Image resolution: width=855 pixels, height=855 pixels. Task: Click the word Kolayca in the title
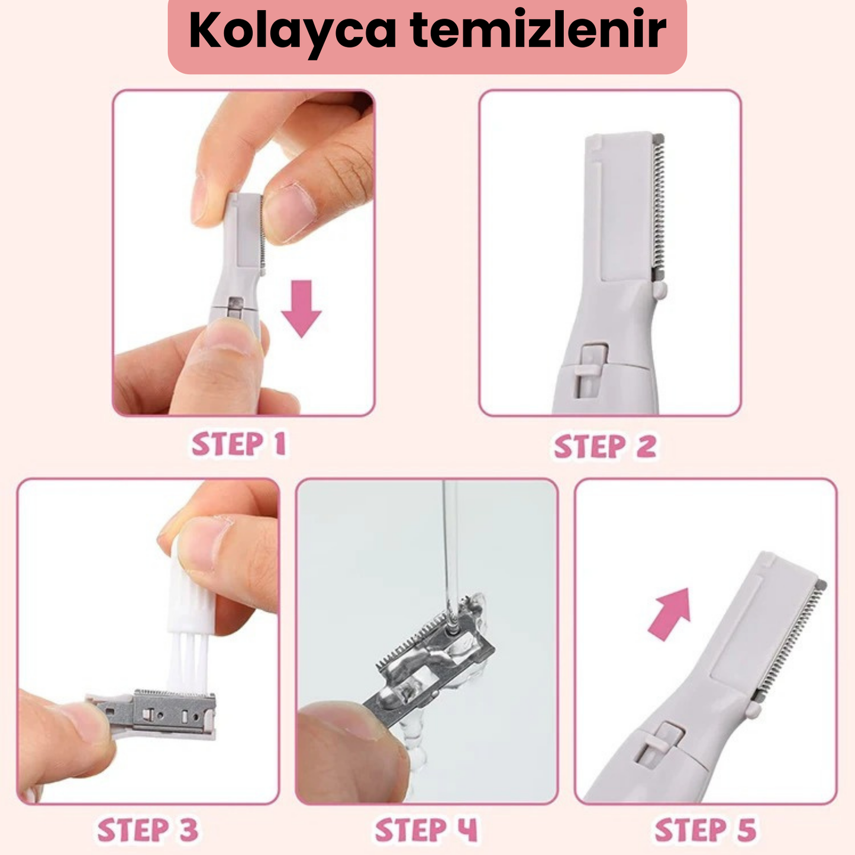click(x=292, y=31)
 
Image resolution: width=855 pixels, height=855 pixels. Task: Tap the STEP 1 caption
click(x=238, y=444)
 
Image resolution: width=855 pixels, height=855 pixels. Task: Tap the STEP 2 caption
click(x=605, y=446)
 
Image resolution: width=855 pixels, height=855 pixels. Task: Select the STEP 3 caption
click(x=147, y=830)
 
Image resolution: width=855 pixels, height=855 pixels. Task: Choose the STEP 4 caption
click(x=426, y=830)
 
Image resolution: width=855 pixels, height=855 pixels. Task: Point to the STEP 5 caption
click(x=705, y=830)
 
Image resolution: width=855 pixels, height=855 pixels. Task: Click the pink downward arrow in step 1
click(x=301, y=308)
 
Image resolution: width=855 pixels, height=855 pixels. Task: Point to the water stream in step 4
click(x=450, y=550)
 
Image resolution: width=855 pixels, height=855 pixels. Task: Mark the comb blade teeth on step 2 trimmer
click(x=658, y=204)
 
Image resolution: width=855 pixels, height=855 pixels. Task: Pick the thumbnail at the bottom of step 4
click(x=337, y=719)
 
